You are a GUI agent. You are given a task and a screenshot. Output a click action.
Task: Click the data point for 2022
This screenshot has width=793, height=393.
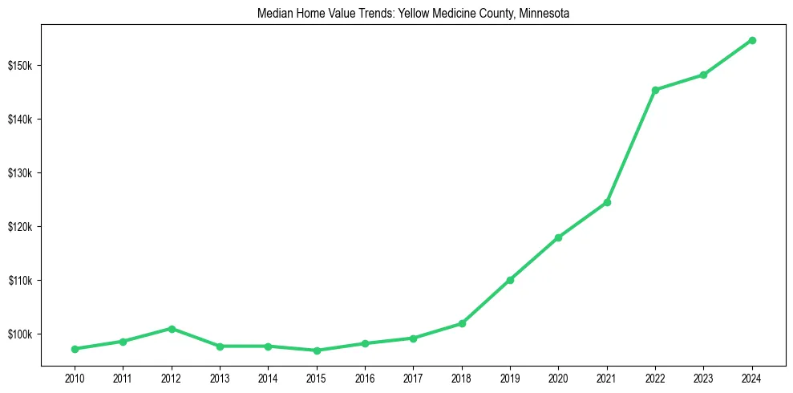tap(655, 90)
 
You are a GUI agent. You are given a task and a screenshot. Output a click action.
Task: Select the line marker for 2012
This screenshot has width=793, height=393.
tap(171, 329)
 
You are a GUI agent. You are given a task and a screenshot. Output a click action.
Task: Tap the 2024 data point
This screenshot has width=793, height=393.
tap(752, 40)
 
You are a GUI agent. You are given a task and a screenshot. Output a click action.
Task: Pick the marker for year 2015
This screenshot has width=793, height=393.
tap(317, 350)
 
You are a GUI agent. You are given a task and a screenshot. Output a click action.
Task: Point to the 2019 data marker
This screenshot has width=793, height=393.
tap(510, 280)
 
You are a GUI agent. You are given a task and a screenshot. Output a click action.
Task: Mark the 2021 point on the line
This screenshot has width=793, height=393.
tap(607, 202)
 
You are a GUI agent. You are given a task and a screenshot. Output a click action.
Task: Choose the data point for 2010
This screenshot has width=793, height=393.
tap(75, 349)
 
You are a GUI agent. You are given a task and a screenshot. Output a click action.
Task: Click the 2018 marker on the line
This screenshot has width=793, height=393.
tap(462, 323)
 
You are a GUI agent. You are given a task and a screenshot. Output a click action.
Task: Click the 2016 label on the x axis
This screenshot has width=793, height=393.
tap(365, 376)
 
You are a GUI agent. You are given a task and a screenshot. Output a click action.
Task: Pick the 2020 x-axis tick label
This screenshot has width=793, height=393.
tap(558, 376)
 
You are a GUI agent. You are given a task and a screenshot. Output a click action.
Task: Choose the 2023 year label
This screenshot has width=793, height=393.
tap(703, 376)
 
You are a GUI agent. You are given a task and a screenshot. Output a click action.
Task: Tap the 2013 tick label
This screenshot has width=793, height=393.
tap(220, 376)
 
